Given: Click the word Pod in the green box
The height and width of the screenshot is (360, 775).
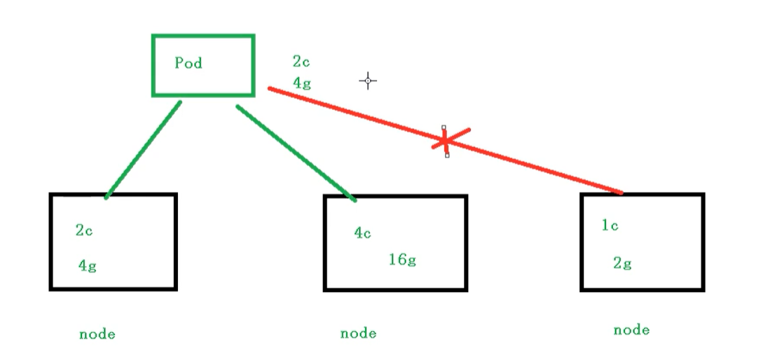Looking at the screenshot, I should pos(188,63).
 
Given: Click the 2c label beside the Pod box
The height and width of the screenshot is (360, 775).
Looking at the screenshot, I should pos(301,62).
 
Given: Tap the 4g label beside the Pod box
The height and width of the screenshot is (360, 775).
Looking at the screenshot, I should pos(302,83).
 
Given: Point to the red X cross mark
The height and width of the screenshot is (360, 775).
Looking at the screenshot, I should pos(446,141).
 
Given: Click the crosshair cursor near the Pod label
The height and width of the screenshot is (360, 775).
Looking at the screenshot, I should pos(368,81).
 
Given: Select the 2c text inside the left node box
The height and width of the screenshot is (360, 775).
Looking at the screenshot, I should pos(84,230).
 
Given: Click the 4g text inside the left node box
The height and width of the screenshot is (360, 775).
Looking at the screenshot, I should pos(87,266).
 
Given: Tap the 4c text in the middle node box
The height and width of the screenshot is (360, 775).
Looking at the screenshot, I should pos(362,233).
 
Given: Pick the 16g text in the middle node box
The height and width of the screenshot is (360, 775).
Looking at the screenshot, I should pos(402,260).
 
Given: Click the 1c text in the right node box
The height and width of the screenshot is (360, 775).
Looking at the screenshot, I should pos(610,226).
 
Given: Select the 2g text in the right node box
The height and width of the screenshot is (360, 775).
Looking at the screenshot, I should pos(622,263).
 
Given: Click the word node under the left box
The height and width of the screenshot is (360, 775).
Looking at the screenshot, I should pos(97,334).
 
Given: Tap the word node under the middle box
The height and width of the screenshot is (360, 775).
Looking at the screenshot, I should pos(358,333).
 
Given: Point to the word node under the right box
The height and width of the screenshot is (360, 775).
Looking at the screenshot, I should pos(631,330).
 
